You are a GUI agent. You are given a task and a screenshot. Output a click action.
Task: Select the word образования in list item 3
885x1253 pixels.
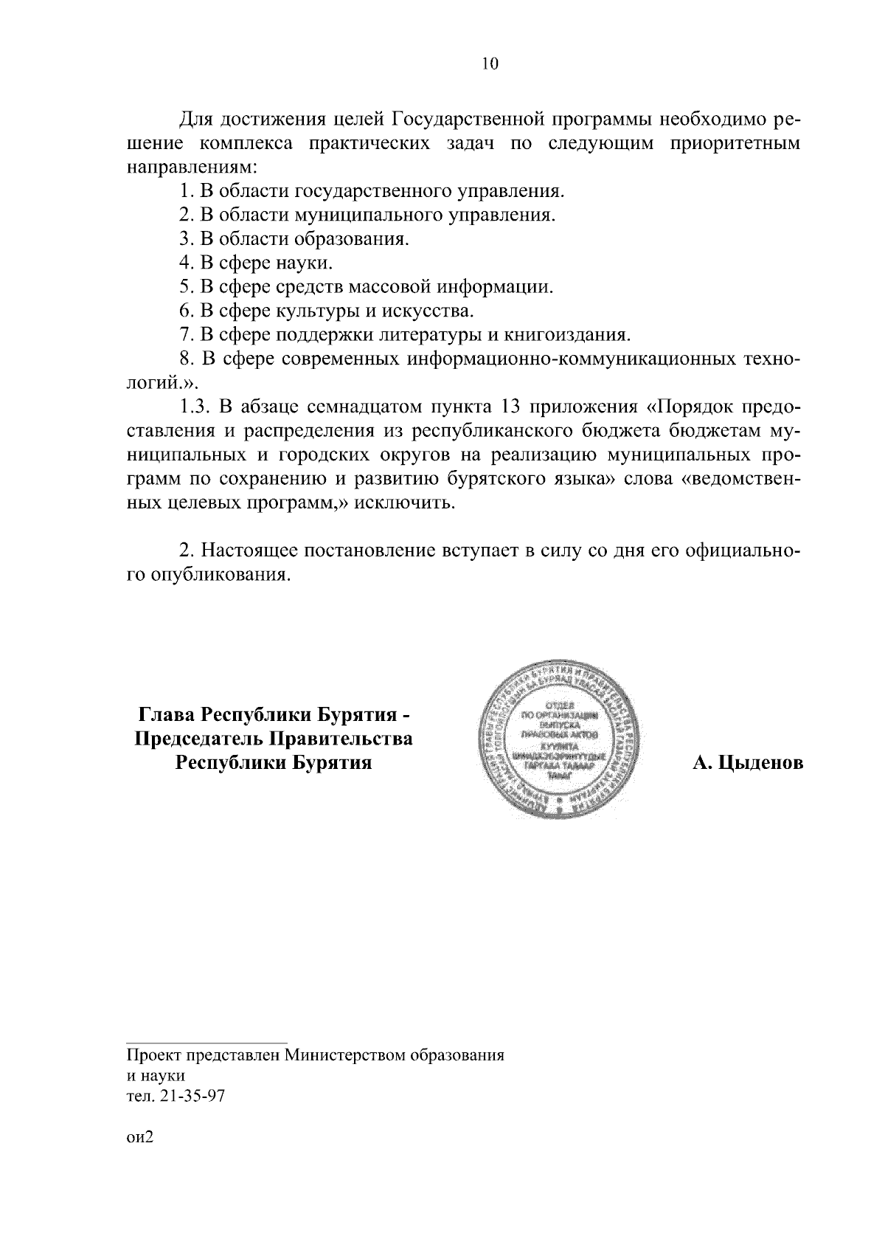tap(351, 239)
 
